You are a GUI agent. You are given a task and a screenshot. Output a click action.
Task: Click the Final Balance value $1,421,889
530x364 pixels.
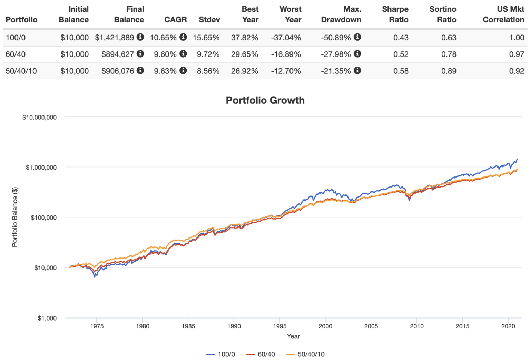[x=114, y=37]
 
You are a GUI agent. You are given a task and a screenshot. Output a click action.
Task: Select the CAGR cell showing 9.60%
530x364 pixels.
[x=165, y=54]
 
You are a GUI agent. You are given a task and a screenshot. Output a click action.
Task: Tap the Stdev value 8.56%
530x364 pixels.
[x=208, y=71]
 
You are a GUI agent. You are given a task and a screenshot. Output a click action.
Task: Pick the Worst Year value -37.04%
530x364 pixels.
[x=286, y=37]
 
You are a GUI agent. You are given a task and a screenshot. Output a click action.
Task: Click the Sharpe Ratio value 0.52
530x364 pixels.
[x=401, y=54]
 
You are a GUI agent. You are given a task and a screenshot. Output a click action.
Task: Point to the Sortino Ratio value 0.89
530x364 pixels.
[x=449, y=71]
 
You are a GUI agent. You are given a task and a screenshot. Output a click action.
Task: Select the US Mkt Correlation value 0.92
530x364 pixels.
[x=517, y=71]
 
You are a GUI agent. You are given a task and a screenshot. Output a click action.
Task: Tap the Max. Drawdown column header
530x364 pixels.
[x=341, y=14]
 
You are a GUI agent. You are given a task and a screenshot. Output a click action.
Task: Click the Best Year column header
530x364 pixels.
[x=250, y=14]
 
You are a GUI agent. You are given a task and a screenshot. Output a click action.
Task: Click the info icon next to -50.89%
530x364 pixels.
[x=357, y=37]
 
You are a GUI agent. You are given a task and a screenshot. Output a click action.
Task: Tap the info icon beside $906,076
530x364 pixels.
[x=140, y=70]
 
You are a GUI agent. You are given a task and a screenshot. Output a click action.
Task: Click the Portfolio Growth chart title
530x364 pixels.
[x=265, y=100]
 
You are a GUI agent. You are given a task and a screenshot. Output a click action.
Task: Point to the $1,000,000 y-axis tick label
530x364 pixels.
[x=41, y=168]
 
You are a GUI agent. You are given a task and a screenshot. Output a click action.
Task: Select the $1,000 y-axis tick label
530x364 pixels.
[x=47, y=318]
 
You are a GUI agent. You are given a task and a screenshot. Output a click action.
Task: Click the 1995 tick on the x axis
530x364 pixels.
[x=279, y=326]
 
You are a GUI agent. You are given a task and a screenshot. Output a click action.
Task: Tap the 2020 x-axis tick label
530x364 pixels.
[x=508, y=326]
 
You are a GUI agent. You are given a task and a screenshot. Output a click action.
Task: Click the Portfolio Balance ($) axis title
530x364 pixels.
[x=15, y=217]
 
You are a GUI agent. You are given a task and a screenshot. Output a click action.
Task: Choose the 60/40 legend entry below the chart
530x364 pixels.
[x=261, y=354]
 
